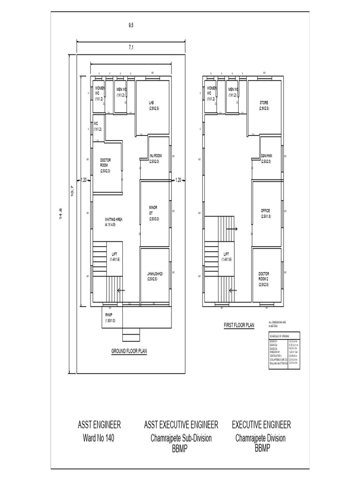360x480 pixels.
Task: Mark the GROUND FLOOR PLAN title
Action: (129, 351)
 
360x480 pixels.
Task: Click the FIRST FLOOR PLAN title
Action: (239, 324)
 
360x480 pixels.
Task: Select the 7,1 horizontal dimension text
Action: (131, 47)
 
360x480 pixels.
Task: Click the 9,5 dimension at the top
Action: (131, 25)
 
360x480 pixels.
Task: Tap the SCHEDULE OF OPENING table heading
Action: (279, 336)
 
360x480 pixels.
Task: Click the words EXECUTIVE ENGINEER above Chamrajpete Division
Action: (261, 425)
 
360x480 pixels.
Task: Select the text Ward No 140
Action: (99, 439)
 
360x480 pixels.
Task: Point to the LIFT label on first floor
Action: (226, 256)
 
